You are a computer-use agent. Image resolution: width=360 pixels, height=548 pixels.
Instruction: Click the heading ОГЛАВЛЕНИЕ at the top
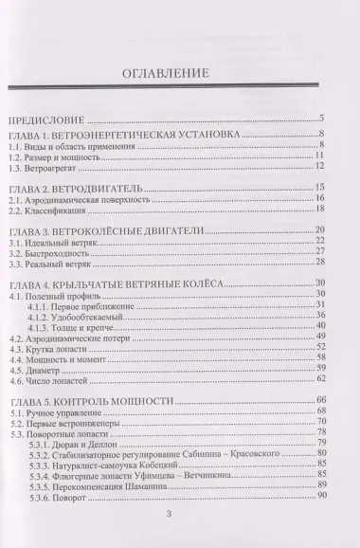click(x=179, y=78)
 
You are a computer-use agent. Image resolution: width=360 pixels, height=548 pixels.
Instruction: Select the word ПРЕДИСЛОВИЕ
click(x=47, y=119)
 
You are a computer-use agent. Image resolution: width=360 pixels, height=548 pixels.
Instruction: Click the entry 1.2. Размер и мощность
click(x=48, y=155)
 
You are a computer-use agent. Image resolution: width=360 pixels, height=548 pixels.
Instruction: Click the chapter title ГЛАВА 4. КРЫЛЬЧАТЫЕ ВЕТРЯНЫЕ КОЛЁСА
click(x=114, y=284)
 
